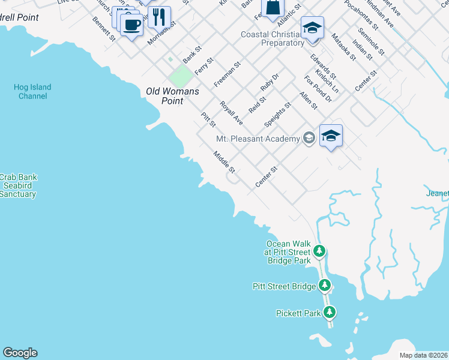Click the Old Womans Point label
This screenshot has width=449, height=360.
pos(164,96)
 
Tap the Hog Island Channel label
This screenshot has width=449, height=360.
pos(32,92)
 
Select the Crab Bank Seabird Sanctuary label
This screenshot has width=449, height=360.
pos(18,185)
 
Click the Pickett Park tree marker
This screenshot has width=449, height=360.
pos(330,313)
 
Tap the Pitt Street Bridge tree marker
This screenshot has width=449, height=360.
pos(325,286)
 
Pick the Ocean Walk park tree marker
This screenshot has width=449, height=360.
pos(320,250)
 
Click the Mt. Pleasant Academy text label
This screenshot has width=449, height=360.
pos(258,139)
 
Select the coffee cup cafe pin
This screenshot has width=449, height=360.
pos(131,25)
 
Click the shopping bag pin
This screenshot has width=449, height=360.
pos(273,8)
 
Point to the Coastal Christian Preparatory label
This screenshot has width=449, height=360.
pos(273,39)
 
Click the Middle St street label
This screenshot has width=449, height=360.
pos(224,163)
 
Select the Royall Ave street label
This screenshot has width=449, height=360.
pos(231,112)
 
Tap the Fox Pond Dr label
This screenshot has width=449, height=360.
pos(318,88)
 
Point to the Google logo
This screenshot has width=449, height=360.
pos(20,353)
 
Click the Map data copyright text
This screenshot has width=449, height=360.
pos(423,355)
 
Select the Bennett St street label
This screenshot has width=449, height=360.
pos(104,29)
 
